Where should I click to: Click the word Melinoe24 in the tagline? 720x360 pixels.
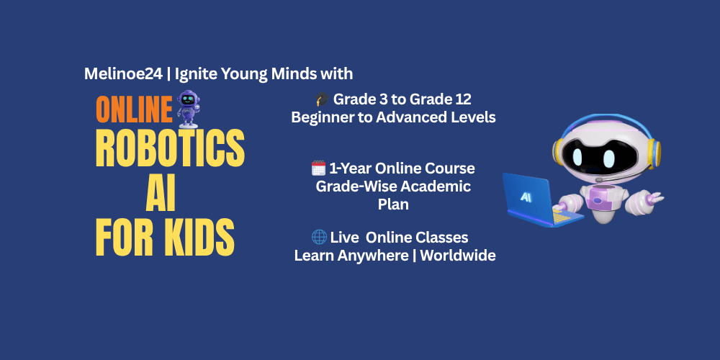coord(123,74)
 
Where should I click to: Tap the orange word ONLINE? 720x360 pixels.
coord(134,109)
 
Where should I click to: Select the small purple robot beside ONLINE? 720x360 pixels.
coord(189,109)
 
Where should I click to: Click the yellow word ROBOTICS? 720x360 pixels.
coord(170,149)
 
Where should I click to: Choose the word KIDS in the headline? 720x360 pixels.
coord(201,238)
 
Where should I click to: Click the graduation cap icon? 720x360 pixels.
coord(322,99)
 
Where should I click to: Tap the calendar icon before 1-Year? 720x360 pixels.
coord(318,168)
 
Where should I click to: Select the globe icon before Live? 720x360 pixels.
coord(319,238)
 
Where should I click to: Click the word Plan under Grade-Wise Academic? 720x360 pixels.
coord(393,204)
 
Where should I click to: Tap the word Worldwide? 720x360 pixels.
coord(458,256)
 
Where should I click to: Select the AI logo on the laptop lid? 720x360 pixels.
coord(526,197)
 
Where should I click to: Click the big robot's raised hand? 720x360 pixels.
coord(652,199)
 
